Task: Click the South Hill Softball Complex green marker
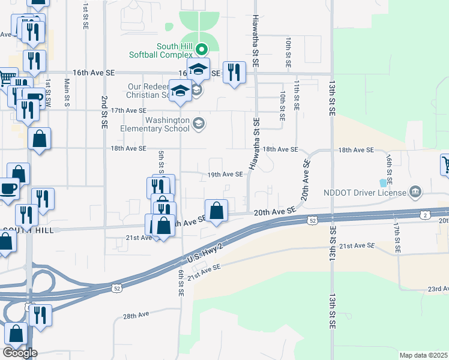(202, 49)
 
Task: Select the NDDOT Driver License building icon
(414, 193)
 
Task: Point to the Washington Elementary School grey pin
(199, 124)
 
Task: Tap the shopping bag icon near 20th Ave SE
(217, 211)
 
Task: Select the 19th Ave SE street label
(225, 175)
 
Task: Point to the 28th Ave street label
(136, 316)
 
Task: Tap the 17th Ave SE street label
(128, 110)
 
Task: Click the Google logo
(20, 353)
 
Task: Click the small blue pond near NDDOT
(383, 182)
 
